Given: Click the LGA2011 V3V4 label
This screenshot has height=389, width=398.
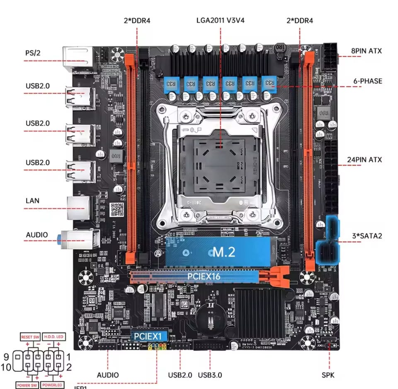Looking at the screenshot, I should pos(220,20).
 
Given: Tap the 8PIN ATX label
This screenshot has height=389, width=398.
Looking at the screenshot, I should pos(366,51).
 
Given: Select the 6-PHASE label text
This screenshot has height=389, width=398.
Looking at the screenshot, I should pos(366,81).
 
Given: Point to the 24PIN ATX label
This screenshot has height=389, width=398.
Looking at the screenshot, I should pos(364,160).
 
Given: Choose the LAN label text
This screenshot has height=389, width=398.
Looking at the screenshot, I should pos(32,201).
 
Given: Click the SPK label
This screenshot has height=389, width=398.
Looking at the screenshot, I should pos(328,375).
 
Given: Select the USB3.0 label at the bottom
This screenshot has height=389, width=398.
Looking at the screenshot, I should pos(209,375).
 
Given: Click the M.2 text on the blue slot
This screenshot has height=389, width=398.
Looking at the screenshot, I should pos(223,252).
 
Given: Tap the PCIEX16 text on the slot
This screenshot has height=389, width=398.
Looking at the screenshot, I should pos(204,276).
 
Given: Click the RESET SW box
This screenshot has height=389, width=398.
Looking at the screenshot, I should pos(30,337).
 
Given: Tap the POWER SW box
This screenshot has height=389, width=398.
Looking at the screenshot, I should pos(28,385).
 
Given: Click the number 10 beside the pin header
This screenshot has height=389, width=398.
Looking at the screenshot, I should pos(7,367).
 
